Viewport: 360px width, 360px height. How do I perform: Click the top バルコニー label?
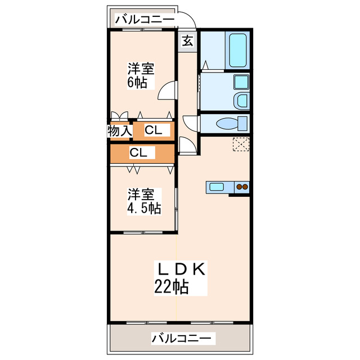click(145, 20)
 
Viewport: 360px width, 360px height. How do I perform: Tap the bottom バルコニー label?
click(182, 339)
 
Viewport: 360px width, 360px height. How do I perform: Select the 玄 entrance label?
click(188, 41)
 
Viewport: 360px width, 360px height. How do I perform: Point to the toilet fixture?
click(231, 123)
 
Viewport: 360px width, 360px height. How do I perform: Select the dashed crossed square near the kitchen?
click(241, 145)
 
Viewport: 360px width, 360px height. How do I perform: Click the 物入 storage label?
click(119, 130)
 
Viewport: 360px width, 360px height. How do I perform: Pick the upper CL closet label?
click(153, 130)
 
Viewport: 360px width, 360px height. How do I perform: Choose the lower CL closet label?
click(138, 152)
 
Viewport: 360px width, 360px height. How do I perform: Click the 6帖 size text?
click(138, 83)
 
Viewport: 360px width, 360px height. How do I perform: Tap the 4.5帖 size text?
click(143, 209)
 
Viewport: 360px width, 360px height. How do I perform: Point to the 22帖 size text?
click(172, 287)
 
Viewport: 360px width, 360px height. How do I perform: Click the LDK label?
click(181, 269)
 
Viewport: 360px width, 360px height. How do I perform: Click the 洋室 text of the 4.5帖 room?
click(141, 195)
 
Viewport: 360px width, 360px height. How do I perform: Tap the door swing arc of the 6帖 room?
click(167, 90)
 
